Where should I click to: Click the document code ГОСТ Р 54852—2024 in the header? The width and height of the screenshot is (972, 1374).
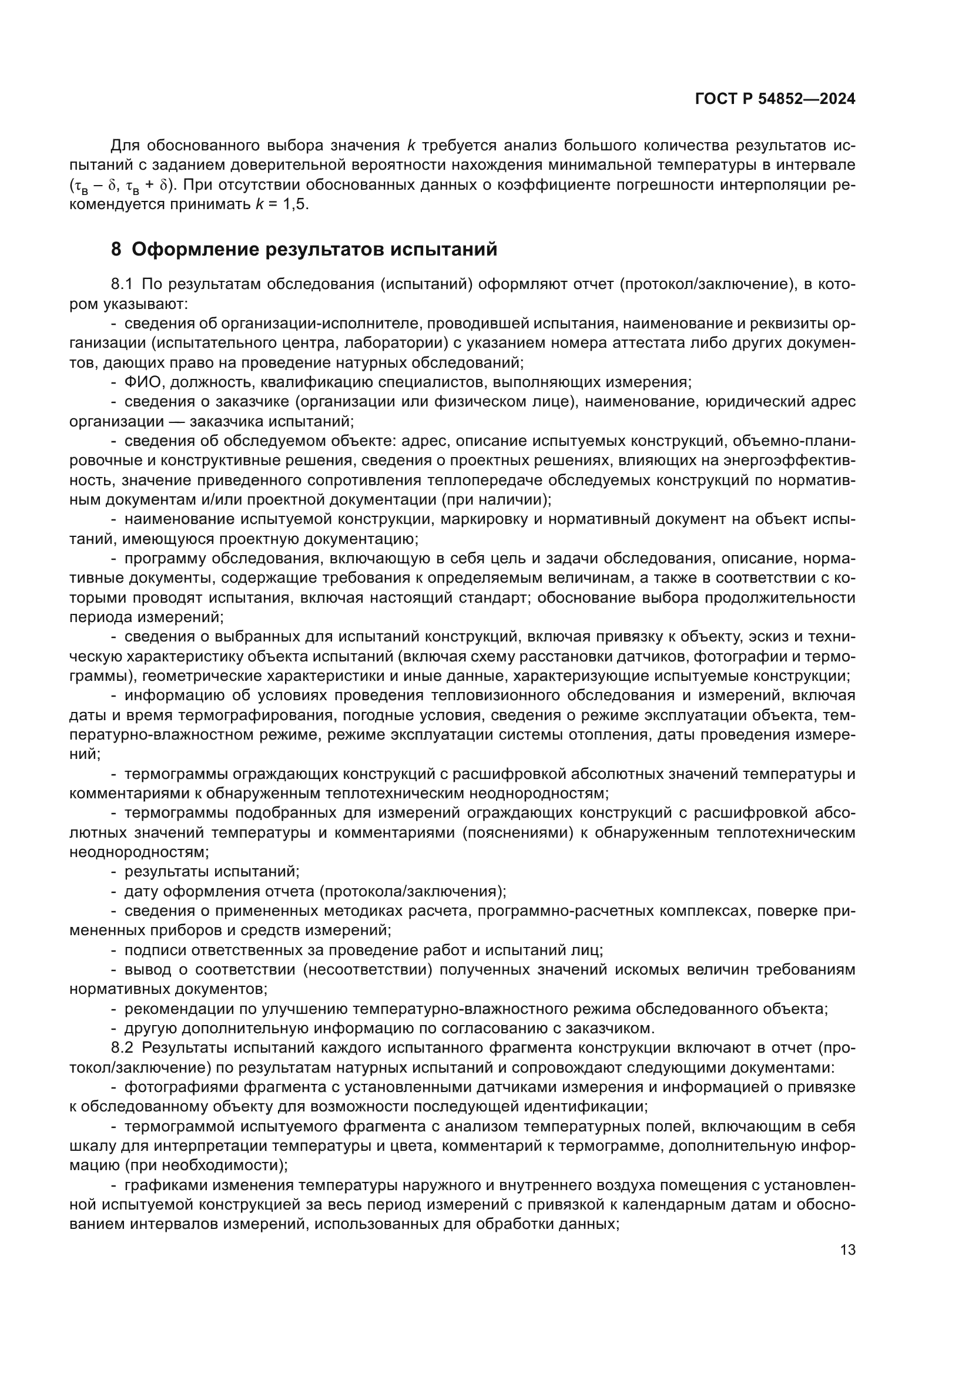775,99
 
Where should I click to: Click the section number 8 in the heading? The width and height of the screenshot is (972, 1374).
116,249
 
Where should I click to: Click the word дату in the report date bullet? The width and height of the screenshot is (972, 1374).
140,891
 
